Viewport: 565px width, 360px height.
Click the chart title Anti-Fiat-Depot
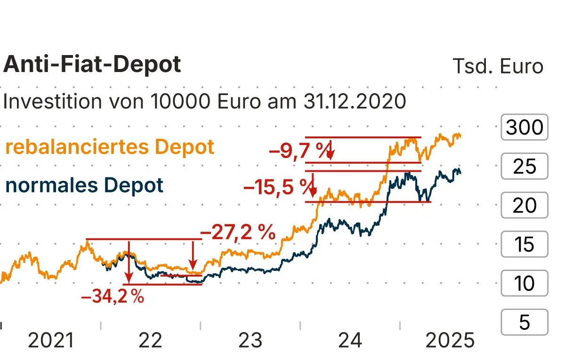point(92,64)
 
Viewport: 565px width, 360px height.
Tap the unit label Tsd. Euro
point(498,66)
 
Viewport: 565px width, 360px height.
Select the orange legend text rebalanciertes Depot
point(110,147)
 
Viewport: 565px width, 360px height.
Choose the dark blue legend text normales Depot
point(84,185)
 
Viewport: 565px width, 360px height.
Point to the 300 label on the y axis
point(525,128)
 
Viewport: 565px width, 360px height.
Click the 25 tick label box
point(525,167)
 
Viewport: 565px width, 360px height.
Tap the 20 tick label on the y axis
point(525,206)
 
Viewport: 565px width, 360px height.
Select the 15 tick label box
point(525,245)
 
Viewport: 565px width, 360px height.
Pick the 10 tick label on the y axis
point(525,283)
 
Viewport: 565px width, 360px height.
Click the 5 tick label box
point(525,322)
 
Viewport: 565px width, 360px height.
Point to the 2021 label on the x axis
point(51,340)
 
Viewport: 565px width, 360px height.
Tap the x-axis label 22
point(151,340)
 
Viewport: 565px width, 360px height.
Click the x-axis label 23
point(250,340)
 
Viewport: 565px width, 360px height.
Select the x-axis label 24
point(350,340)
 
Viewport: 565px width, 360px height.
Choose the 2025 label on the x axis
point(450,340)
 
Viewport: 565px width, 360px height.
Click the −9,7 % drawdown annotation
point(298,151)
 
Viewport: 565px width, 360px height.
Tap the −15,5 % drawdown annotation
point(278,188)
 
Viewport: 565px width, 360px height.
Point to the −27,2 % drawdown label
point(238,232)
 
